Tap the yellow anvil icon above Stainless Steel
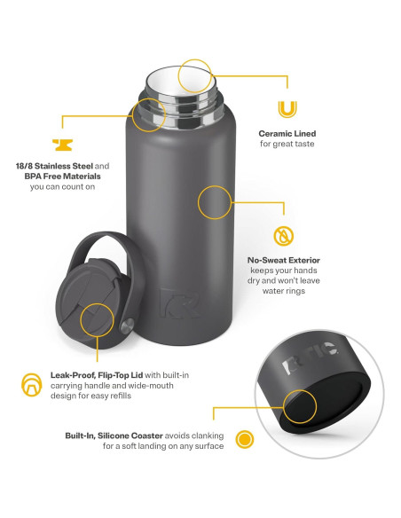coord(62,145)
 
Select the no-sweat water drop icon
coord(283,236)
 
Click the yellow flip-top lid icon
coord(32,385)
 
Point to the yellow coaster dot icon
coord(245,440)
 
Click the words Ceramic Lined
coord(287,133)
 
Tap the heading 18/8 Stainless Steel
coord(54,166)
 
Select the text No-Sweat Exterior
coord(284,260)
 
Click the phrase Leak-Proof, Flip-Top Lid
coord(97,375)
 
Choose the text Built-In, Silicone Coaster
coord(114,436)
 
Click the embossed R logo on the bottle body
coord(180,302)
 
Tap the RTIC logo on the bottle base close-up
coord(310,357)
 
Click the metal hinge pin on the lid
coord(127,326)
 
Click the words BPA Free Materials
coord(62,177)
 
